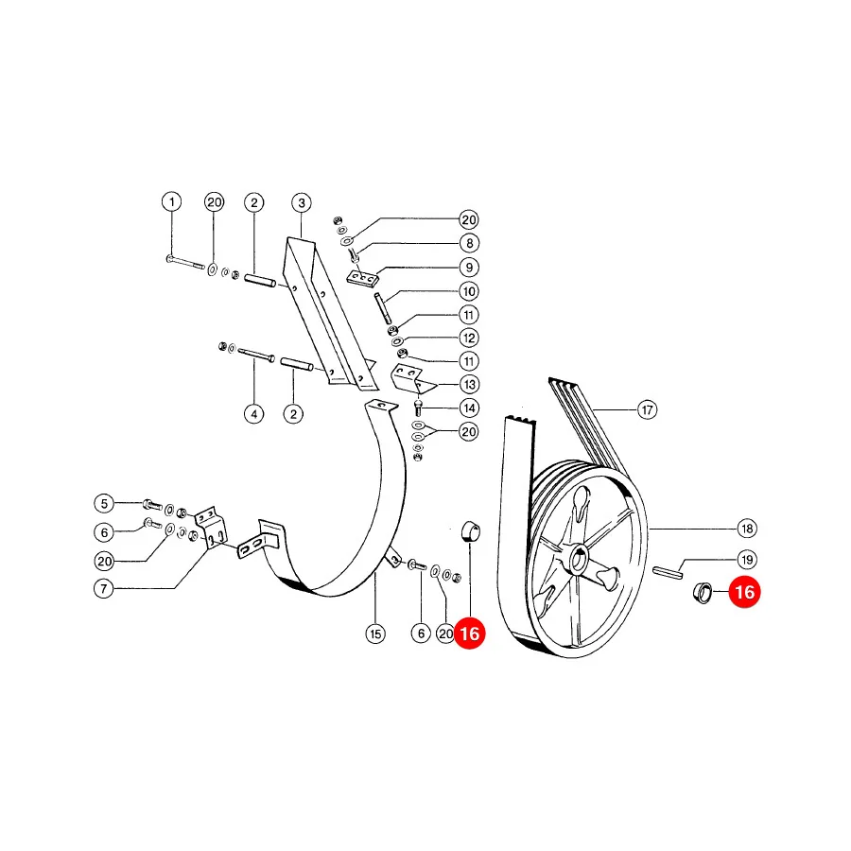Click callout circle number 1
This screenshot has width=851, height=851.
click(171, 202)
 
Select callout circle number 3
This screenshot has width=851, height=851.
click(302, 203)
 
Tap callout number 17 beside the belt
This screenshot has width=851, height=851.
click(647, 409)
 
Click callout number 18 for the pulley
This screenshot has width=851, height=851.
click(747, 528)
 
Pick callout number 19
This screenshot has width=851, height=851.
click(747, 560)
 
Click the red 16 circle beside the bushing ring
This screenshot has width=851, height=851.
click(745, 592)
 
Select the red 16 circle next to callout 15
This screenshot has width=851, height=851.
click(469, 633)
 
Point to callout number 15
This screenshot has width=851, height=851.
click(375, 634)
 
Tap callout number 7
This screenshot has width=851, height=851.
click(104, 588)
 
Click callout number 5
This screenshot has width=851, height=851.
click(104, 503)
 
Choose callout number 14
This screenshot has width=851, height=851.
click(469, 408)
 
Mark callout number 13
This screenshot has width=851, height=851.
click(469, 385)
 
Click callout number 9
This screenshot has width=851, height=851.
click(469, 267)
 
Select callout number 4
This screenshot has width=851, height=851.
click(254, 414)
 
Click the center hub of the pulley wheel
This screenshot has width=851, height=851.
click(579, 559)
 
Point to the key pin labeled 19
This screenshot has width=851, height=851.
click(668, 572)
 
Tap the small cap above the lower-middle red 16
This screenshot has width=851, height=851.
click(470, 531)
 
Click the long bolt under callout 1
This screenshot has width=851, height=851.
click(185, 263)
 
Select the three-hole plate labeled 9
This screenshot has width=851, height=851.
click(362, 278)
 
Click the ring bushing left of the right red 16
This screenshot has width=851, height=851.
click(703, 592)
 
